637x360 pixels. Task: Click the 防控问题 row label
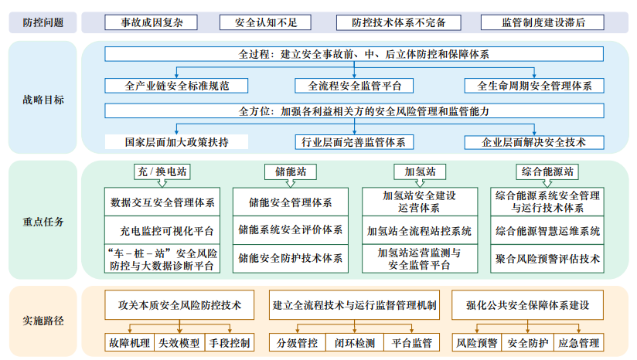tap(43, 22)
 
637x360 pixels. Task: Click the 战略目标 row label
tap(43, 100)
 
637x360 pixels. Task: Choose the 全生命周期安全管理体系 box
tap(534, 86)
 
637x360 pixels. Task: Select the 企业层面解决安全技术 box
tap(534, 142)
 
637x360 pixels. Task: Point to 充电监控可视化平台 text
tap(162, 230)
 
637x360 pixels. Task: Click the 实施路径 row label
tap(43, 321)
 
